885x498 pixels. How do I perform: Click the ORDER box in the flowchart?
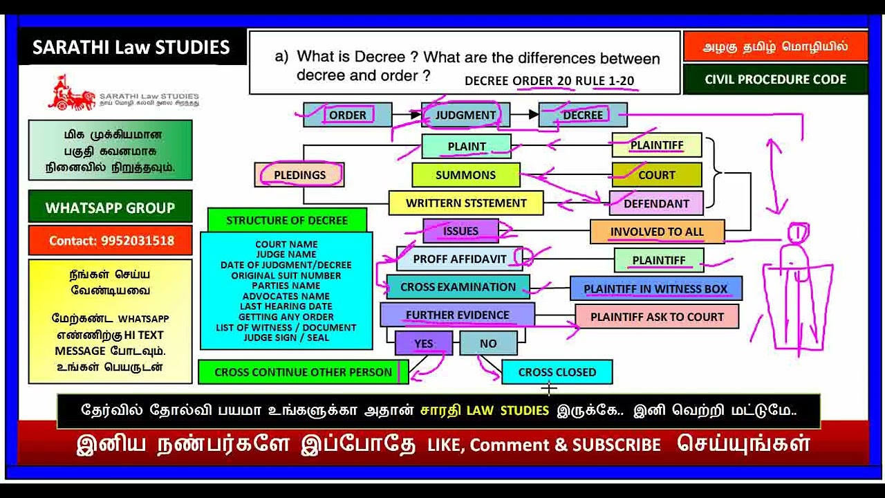[347, 115]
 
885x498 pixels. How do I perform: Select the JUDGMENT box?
[465, 115]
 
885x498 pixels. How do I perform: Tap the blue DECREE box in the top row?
[582, 115]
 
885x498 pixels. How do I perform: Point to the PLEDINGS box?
[299, 175]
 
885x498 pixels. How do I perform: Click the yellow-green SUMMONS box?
[465, 175]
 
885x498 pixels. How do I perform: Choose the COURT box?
[656, 175]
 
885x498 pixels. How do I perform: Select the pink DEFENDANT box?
[656, 203]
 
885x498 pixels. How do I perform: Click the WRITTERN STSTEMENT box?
[465, 203]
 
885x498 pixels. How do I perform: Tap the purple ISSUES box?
[460, 231]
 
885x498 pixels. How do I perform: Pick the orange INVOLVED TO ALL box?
[656, 232]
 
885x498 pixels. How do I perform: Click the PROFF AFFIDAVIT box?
[459, 259]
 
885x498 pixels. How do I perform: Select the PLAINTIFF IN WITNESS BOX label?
[655, 288]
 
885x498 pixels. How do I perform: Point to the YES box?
[423, 343]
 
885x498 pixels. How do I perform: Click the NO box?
[488, 343]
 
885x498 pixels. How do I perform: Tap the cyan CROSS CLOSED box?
[557, 372]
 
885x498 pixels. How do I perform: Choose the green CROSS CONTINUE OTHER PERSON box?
[303, 372]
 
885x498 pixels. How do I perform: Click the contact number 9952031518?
[111, 241]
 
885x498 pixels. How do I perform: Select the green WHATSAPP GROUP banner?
[111, 207]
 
